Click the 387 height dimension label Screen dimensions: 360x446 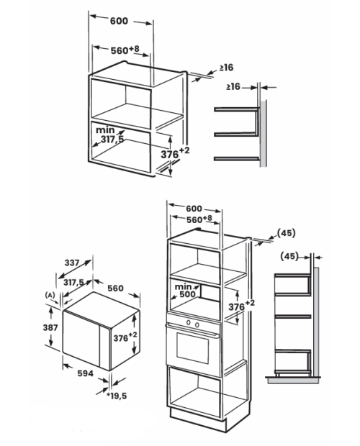(50, 328)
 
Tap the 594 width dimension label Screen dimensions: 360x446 (86, 373)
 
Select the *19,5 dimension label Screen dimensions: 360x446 (117, 396)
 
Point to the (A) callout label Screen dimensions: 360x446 (50, 295)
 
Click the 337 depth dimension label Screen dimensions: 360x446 (72, 263)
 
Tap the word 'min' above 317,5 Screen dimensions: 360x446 (105, 130)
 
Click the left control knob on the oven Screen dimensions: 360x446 (188, 322)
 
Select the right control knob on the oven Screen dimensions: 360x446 (197, 324)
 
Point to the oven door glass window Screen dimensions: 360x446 (193, 347)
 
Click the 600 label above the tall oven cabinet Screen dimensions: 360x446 (194, 209)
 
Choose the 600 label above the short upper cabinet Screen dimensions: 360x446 (119, 21)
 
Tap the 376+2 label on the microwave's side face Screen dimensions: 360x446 (125, 337)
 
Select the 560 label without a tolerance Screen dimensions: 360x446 (115, 288)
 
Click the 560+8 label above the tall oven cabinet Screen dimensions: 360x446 (199, 219)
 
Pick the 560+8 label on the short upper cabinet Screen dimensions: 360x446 (125, 50)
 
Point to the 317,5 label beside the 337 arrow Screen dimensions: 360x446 (73, 283)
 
